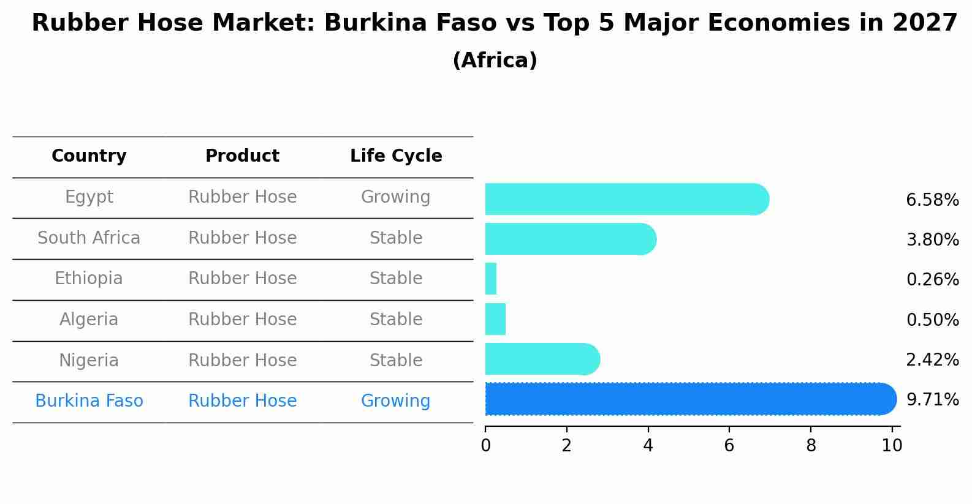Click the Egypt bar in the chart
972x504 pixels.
[625, 199]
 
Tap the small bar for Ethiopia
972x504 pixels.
[491, 279]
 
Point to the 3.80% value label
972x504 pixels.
[932, 240]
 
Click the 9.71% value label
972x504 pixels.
[932, 400]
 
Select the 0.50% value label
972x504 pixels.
[932, 320]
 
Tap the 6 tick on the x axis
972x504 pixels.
[729, 446]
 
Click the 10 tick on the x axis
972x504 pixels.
[892, 446]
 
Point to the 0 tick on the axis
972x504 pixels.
[485, 446]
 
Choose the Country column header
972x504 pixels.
[89, 156]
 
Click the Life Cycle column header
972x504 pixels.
[396, 156]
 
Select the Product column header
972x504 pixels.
[242, 156]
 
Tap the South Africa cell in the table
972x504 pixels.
[89, 238]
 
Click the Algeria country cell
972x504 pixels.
[89, 320]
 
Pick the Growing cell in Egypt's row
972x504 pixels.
[395, 197]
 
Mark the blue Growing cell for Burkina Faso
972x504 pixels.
[395, 401]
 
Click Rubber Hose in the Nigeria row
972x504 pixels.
[242, 360]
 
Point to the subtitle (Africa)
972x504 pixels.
[495, 61]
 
